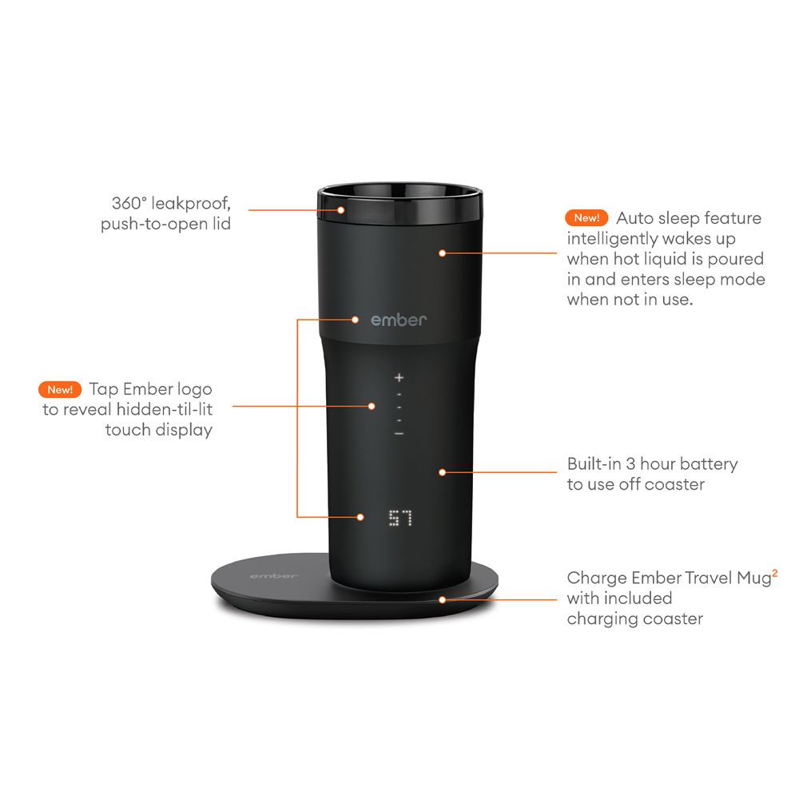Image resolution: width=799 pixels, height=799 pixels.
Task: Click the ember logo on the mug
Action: point(399,320)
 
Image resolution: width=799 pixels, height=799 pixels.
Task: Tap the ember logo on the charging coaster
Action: point(273,575)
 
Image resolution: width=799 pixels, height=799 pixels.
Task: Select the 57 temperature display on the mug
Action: point(400,519)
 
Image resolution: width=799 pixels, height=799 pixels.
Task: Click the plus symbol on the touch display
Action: point(399,376)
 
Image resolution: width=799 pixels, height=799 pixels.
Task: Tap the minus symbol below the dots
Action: point(399,433)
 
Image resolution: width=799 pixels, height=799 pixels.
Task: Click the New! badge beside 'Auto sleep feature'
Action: point(586,218)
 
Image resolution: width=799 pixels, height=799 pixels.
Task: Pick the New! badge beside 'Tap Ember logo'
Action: point(61,390)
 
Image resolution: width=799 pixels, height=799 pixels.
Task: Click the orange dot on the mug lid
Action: point(340,210)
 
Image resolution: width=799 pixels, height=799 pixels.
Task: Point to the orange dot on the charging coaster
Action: point(442,598)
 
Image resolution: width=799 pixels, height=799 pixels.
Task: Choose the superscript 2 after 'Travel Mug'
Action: point(775,572)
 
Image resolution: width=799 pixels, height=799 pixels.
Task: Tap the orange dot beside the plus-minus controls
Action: point(372,405)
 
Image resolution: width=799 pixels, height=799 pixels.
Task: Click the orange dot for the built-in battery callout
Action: point(442,471)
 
